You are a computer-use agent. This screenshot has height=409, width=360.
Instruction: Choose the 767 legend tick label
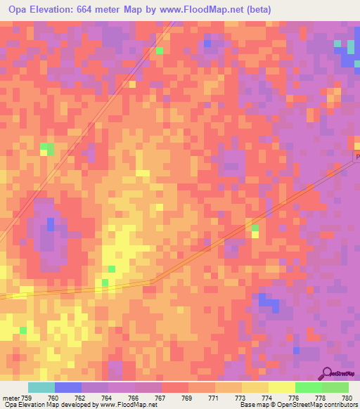162,398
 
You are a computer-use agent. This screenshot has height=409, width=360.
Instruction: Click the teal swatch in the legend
41,387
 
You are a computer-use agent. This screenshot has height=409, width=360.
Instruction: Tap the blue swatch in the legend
68,387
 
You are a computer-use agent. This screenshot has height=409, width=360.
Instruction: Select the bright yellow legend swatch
282,387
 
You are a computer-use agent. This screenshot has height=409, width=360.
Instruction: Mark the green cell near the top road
160,51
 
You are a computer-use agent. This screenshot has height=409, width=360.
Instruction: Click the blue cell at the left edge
51,224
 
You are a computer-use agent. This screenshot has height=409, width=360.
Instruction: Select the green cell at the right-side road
254,228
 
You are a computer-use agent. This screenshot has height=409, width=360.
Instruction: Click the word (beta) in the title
257,10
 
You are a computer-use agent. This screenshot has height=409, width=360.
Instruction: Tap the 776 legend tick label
295,398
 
